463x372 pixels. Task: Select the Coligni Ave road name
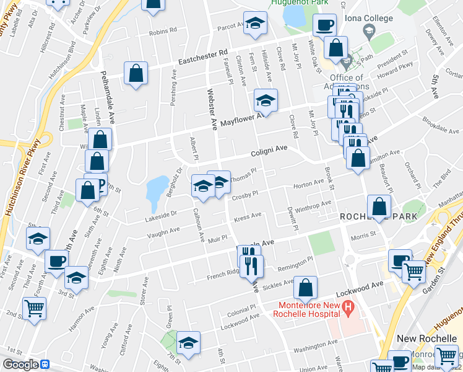click(269, 151)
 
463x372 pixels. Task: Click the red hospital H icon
click(348, 306)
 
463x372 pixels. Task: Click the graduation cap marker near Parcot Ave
click(253, 23)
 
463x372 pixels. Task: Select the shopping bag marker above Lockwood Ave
click(305, 288)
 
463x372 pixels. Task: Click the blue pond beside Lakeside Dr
click(156, 192)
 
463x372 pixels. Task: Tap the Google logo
click(20, 364)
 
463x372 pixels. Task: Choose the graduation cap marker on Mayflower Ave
click(266, 100)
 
